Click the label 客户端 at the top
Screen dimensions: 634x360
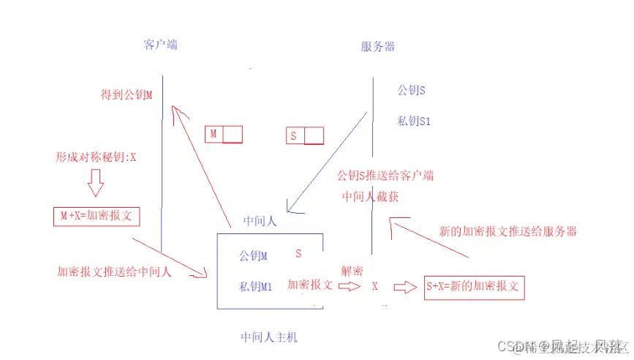[x=160, y=45]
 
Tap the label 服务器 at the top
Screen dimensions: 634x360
[x=378, y=47]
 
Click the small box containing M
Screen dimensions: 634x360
[x=223, y=135]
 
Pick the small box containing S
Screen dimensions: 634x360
[x=303, y=136]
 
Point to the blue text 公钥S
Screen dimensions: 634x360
[x=411, y=91]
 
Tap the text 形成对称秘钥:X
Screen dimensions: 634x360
[x=97, y=157]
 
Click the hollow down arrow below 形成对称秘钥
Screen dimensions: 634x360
[x=96, y=183]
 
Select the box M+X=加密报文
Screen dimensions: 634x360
[x=97, y=217]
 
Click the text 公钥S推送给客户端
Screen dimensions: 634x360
[x=385, y=176]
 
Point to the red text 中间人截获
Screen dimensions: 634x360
[x=371, y=197]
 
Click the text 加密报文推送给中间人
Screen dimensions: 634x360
[x=114, y=271]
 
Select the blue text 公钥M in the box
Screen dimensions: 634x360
[x=253, y=256]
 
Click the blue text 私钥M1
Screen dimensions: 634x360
[x=256, y=287]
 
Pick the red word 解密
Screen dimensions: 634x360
[x=352, y=271]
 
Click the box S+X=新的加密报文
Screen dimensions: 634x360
[x=474, y=287]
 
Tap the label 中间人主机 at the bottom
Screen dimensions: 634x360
[x=268, y=337]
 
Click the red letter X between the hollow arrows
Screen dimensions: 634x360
[x=374, y=287]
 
